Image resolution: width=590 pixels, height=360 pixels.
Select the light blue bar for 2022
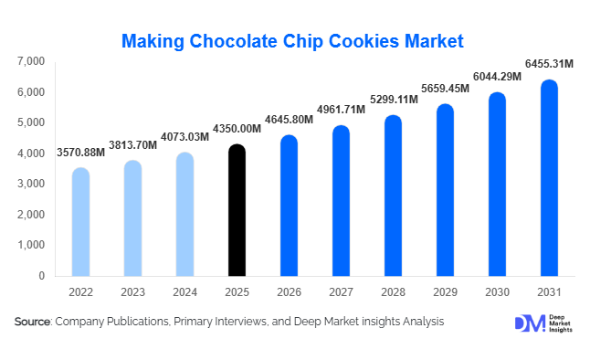point(80,222)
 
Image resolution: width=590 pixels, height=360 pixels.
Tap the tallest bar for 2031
point(548,178)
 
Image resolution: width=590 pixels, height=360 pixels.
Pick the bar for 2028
point(393,196)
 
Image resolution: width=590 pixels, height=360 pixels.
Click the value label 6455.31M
point(548,63)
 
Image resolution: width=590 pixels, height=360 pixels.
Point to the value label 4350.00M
point(237,128)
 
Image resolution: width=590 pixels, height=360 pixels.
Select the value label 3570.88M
point(80,152)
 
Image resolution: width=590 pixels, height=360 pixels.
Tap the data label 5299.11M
point(393,99)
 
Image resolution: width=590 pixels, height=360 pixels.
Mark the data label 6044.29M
point(496,76)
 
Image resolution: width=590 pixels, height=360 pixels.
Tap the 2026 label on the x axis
point(289,291)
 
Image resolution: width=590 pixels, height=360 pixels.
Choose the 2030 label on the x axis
point(496,291)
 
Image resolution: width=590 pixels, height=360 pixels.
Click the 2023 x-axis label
point(132,291)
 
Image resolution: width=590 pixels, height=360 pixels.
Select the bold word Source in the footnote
point(32,322)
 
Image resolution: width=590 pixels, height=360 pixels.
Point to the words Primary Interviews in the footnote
point(239,322)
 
